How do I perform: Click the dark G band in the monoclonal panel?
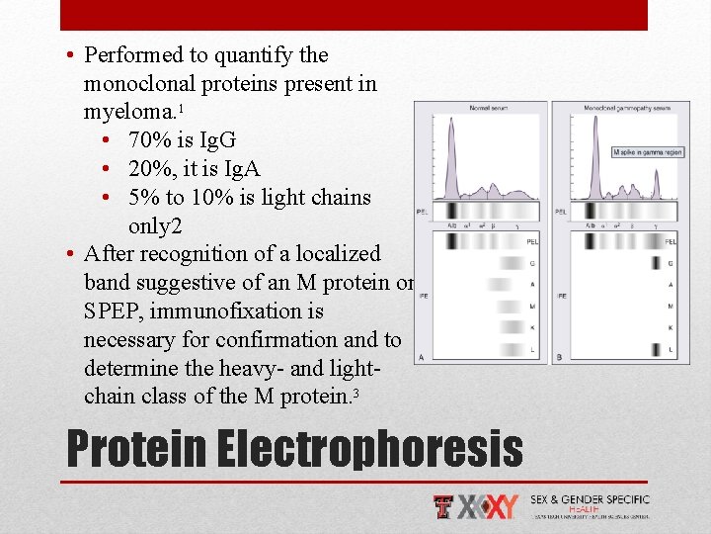click(x=655, y=263)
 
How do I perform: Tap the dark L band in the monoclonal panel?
click(x=655, y=349)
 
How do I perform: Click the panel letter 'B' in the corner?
click(x=560, y=357)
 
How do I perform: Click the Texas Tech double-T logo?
click(x=444, y=506)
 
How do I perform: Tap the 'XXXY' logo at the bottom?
click(x=488, y=506)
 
